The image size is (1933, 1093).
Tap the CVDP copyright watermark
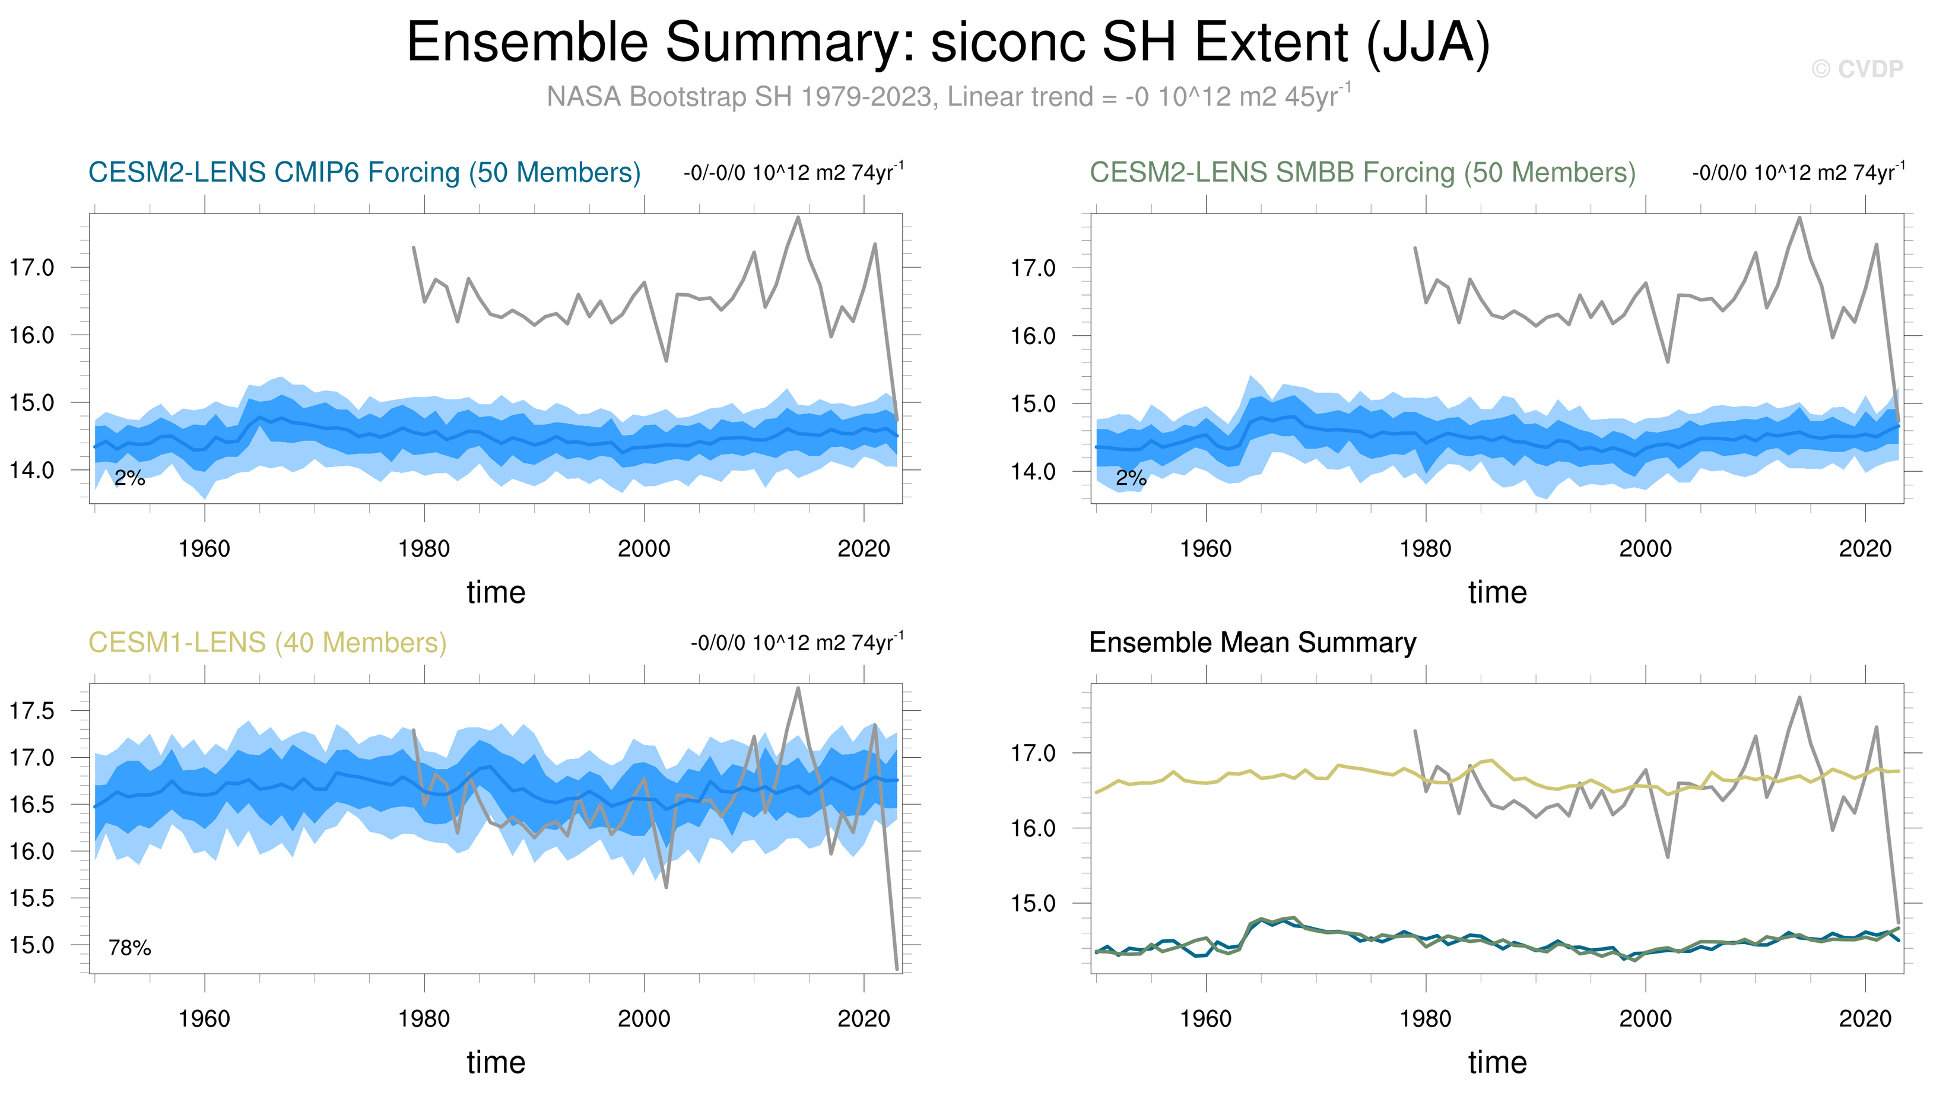coord(1856,69)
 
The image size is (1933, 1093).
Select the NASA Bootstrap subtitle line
coord(949,96)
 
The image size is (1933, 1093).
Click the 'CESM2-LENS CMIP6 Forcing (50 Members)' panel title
coord(364,173)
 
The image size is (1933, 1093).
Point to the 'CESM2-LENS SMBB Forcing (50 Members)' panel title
coord(1361,173)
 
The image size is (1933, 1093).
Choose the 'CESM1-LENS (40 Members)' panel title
coord(267,643)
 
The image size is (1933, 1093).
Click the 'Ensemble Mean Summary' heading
coord(1252,643)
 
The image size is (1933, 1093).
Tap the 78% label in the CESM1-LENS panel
coord(129,948)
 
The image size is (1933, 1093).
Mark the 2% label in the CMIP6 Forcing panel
coord(129,478)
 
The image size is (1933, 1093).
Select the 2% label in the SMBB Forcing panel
coord(1131,478)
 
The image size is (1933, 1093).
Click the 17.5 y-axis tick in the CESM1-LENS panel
coord(31,710)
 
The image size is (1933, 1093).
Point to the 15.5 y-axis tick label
coord(31,898)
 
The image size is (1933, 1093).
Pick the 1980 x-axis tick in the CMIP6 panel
coord(424,549)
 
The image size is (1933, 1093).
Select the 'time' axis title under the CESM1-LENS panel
coord(496,1062)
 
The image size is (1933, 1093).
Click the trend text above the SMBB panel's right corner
coord(1797,173)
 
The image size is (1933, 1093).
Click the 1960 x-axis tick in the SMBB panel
coord(1205,549)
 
